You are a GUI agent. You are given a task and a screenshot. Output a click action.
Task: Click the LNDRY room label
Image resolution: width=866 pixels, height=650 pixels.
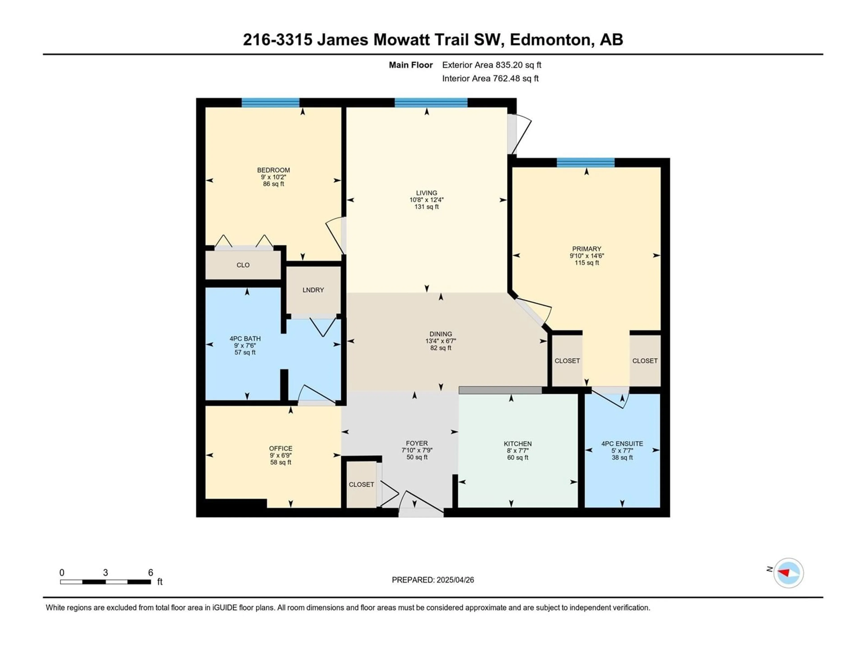click(x=313, y=290)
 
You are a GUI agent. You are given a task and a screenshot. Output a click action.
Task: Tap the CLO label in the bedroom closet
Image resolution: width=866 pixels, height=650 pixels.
click(x=243, y=265)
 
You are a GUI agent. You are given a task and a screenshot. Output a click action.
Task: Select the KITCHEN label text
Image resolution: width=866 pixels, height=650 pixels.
click(x=518, y=443)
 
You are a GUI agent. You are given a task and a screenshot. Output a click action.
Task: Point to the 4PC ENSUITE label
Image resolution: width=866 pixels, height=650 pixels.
click(x=622, y=443)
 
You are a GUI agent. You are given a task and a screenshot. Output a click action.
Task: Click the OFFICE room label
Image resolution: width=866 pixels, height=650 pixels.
click(x=281, y=448)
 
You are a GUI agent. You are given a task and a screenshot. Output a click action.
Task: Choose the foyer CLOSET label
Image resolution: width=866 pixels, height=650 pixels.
click(x=361, y=485)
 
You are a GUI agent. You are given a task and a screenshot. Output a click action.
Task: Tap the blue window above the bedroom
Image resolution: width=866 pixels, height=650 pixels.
click(x=271, y=103)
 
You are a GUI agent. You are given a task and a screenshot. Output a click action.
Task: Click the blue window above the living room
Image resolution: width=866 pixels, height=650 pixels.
click(x=431, y=103)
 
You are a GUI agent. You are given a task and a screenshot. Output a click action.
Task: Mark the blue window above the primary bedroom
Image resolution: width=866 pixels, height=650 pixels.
click(x=586, y=162)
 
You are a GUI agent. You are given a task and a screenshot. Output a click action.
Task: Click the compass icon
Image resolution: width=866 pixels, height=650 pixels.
click(x=788, y=573)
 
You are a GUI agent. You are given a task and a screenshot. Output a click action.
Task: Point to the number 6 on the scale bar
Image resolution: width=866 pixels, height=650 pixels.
click(x=150, y=572)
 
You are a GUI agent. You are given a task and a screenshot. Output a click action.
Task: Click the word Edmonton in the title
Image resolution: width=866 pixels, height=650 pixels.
click(x=550, y=39)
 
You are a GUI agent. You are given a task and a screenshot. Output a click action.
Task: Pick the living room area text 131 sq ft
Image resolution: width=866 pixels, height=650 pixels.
click(x=427, y=207)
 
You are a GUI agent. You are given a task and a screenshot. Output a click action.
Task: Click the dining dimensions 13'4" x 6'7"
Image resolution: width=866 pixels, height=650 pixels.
click(x=441, y=341)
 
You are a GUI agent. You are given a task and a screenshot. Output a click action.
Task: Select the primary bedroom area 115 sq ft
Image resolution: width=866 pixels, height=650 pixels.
click(x=587, y=262)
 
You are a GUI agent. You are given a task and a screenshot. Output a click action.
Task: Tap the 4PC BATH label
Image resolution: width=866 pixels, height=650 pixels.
click(x=245, y=339)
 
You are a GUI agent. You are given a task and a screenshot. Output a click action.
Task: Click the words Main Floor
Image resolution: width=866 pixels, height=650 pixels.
click(x=411, y=65)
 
